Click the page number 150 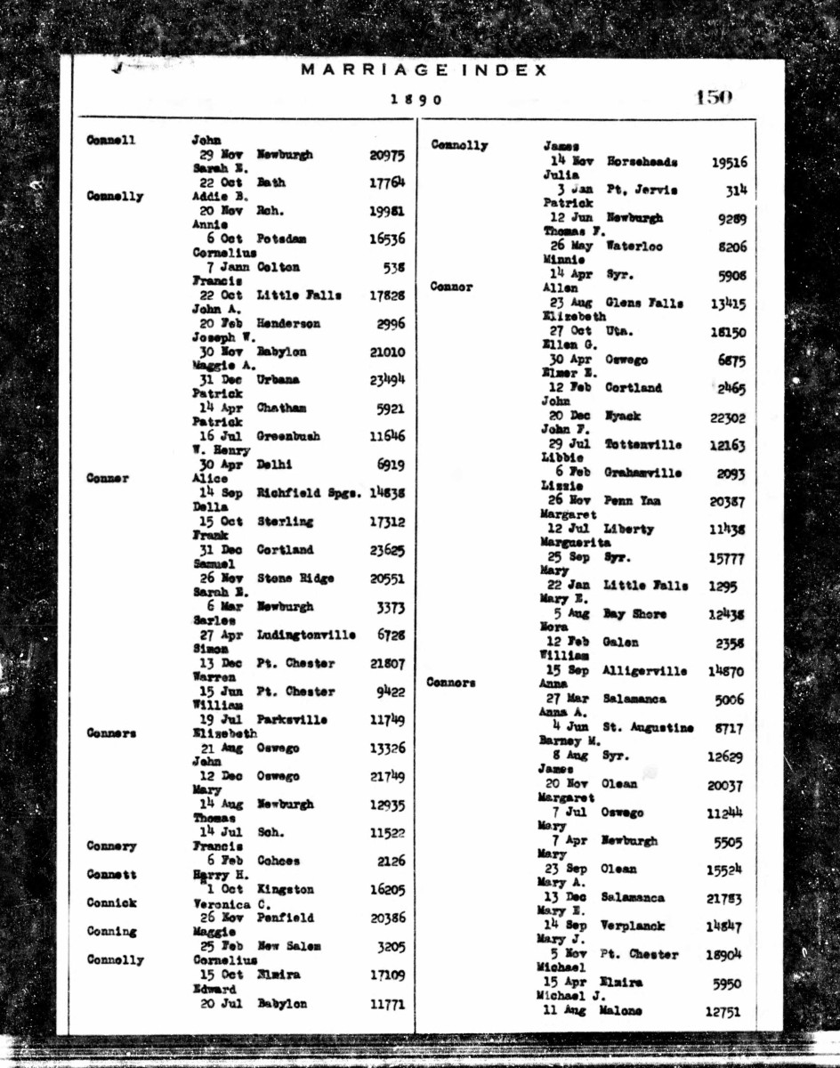pyautogui.click(x=714, y=97)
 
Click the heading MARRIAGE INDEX pyautogui.click(x=424, y=70)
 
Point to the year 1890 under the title pyautogui.click(x=416, y=100)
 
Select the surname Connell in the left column pyautogui.click(x=111, y=140)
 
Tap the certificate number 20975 pyautogui.click(x=387, y=155)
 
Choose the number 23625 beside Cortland pyautogui.click(x=387, y=549)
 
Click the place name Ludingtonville pyautogui.click(x=306, y=635)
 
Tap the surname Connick pyautogui.click(x=111, y=902)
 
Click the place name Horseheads pyautogui.click(x=642, y=162)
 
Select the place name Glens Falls pyautogui.click(x=645, y=303)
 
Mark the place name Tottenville pyautogui.click(x=646, y=444)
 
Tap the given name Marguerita pyautogui.click(x=576, y=542)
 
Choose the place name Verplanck pyautogui.click(x=640, y=926)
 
